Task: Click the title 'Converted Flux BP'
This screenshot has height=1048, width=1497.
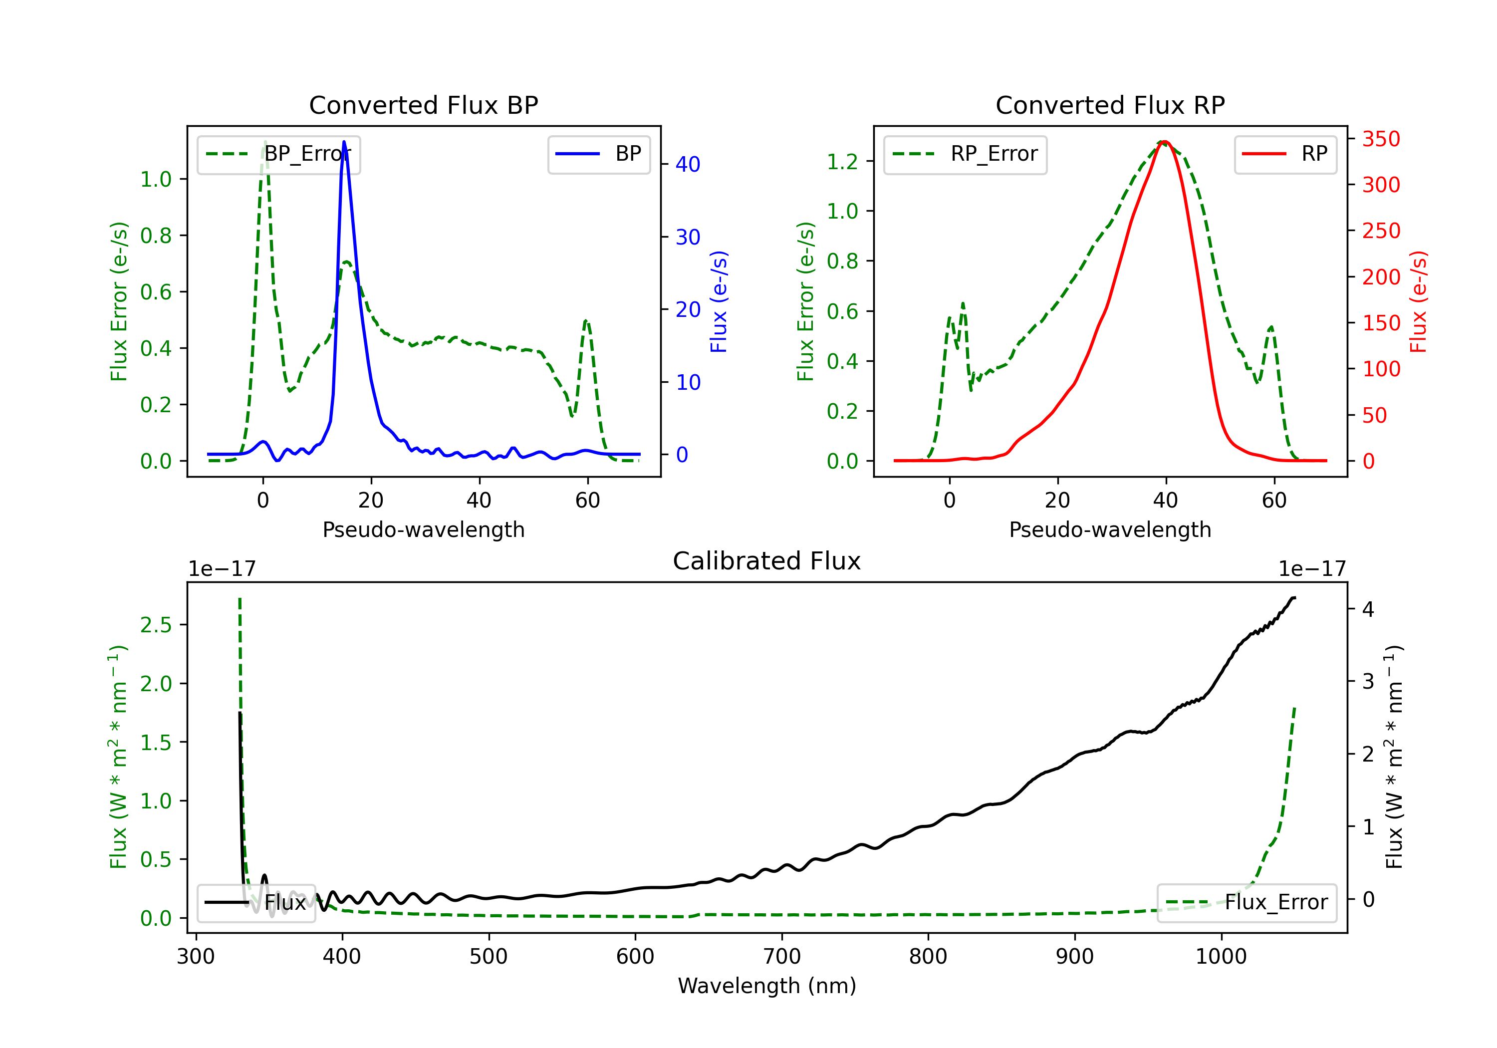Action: click(424, 105)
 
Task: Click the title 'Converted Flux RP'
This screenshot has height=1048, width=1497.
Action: click(1110, 105)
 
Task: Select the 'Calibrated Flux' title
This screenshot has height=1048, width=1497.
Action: click(767, 561)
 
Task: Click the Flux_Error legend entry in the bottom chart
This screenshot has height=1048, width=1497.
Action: click(1247, 903)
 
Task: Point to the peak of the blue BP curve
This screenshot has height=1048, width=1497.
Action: click(344, 142)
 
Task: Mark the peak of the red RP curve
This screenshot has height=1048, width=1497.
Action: click(1165, 142)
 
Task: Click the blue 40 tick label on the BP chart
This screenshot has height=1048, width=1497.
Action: click(688, 164)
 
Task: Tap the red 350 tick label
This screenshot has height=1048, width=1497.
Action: click(1381, 139)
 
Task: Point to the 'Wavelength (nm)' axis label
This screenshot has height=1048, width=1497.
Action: click(767, 986)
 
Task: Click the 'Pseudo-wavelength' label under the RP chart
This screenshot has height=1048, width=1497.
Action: click(1110, 529)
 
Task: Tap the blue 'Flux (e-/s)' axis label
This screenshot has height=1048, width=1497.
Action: click(719, 302)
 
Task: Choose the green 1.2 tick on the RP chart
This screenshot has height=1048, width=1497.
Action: click(842, 161)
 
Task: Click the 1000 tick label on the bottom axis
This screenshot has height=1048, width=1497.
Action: click(1221, 956)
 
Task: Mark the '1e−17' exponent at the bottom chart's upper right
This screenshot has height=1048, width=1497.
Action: click(1312, 569)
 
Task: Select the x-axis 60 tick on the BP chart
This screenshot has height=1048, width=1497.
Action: click(587, 500)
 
